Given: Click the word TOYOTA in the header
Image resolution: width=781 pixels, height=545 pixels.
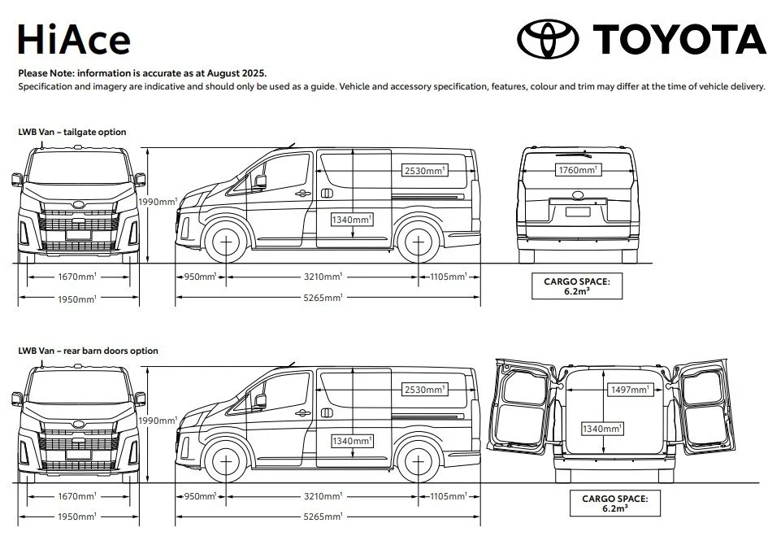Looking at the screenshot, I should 679,39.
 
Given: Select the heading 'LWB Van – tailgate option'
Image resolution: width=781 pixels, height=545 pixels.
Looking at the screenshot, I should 72,132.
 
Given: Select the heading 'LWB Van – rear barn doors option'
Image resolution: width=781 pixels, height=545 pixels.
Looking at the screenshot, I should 88,351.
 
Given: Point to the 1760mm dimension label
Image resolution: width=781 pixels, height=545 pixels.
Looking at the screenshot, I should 578,170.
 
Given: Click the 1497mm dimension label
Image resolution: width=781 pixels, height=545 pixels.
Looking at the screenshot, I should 629,390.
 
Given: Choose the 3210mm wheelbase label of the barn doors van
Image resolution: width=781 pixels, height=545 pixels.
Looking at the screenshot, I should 323,496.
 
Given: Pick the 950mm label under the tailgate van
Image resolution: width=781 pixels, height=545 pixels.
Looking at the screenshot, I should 201,277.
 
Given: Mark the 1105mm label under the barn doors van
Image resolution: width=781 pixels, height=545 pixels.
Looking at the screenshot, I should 449,496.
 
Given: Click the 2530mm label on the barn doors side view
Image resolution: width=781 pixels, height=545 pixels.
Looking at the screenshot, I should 425,390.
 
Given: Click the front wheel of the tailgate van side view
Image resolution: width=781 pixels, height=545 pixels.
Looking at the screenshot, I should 225,242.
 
